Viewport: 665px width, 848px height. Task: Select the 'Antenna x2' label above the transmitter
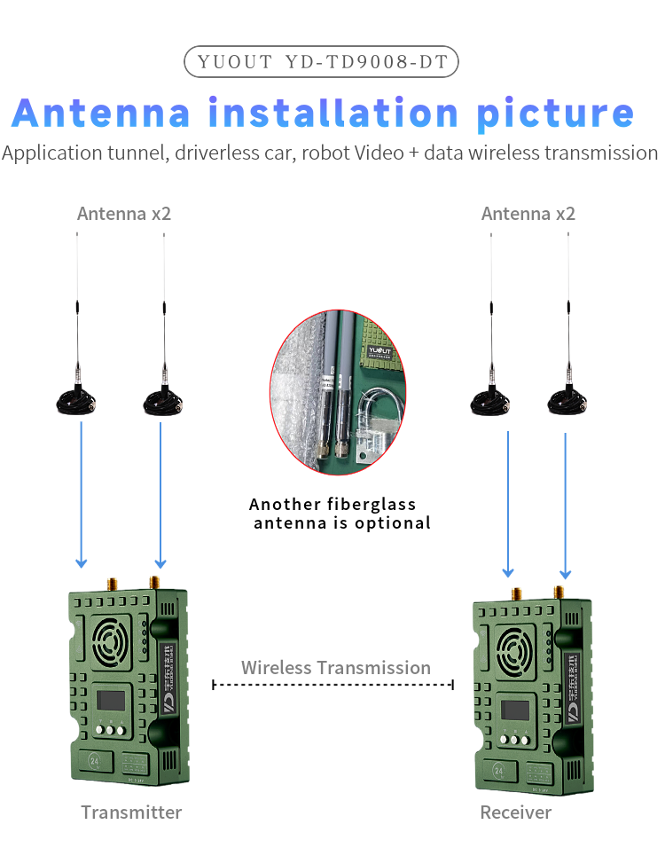124,214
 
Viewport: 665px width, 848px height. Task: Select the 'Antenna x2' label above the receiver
528,214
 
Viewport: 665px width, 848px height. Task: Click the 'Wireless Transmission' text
335,668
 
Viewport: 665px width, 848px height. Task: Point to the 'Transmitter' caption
131,813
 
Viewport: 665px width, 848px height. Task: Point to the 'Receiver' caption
515,813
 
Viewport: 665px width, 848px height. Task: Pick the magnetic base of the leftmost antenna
77,403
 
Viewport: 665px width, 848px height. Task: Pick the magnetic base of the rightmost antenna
568,403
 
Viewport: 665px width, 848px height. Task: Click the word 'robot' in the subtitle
325,153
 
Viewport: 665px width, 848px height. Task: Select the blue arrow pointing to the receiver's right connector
565,506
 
